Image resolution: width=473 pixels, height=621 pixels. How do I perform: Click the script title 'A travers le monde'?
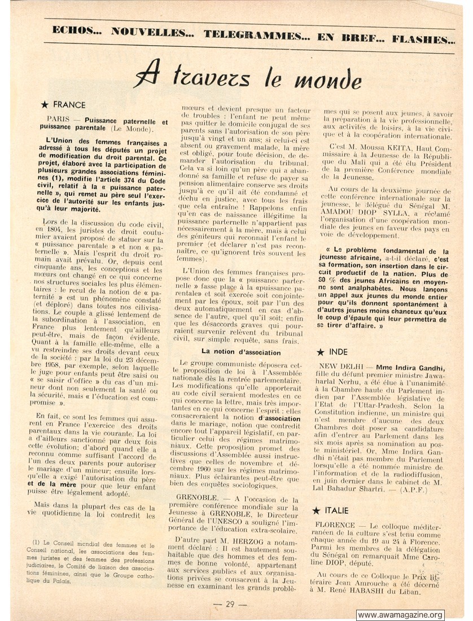(x=249, y=75)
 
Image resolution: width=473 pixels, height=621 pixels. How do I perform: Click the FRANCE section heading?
(x=69, y=104)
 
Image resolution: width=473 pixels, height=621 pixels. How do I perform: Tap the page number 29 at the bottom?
(x=230, y=603)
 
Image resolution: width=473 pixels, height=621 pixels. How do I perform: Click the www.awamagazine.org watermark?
(x=400, y=615)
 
